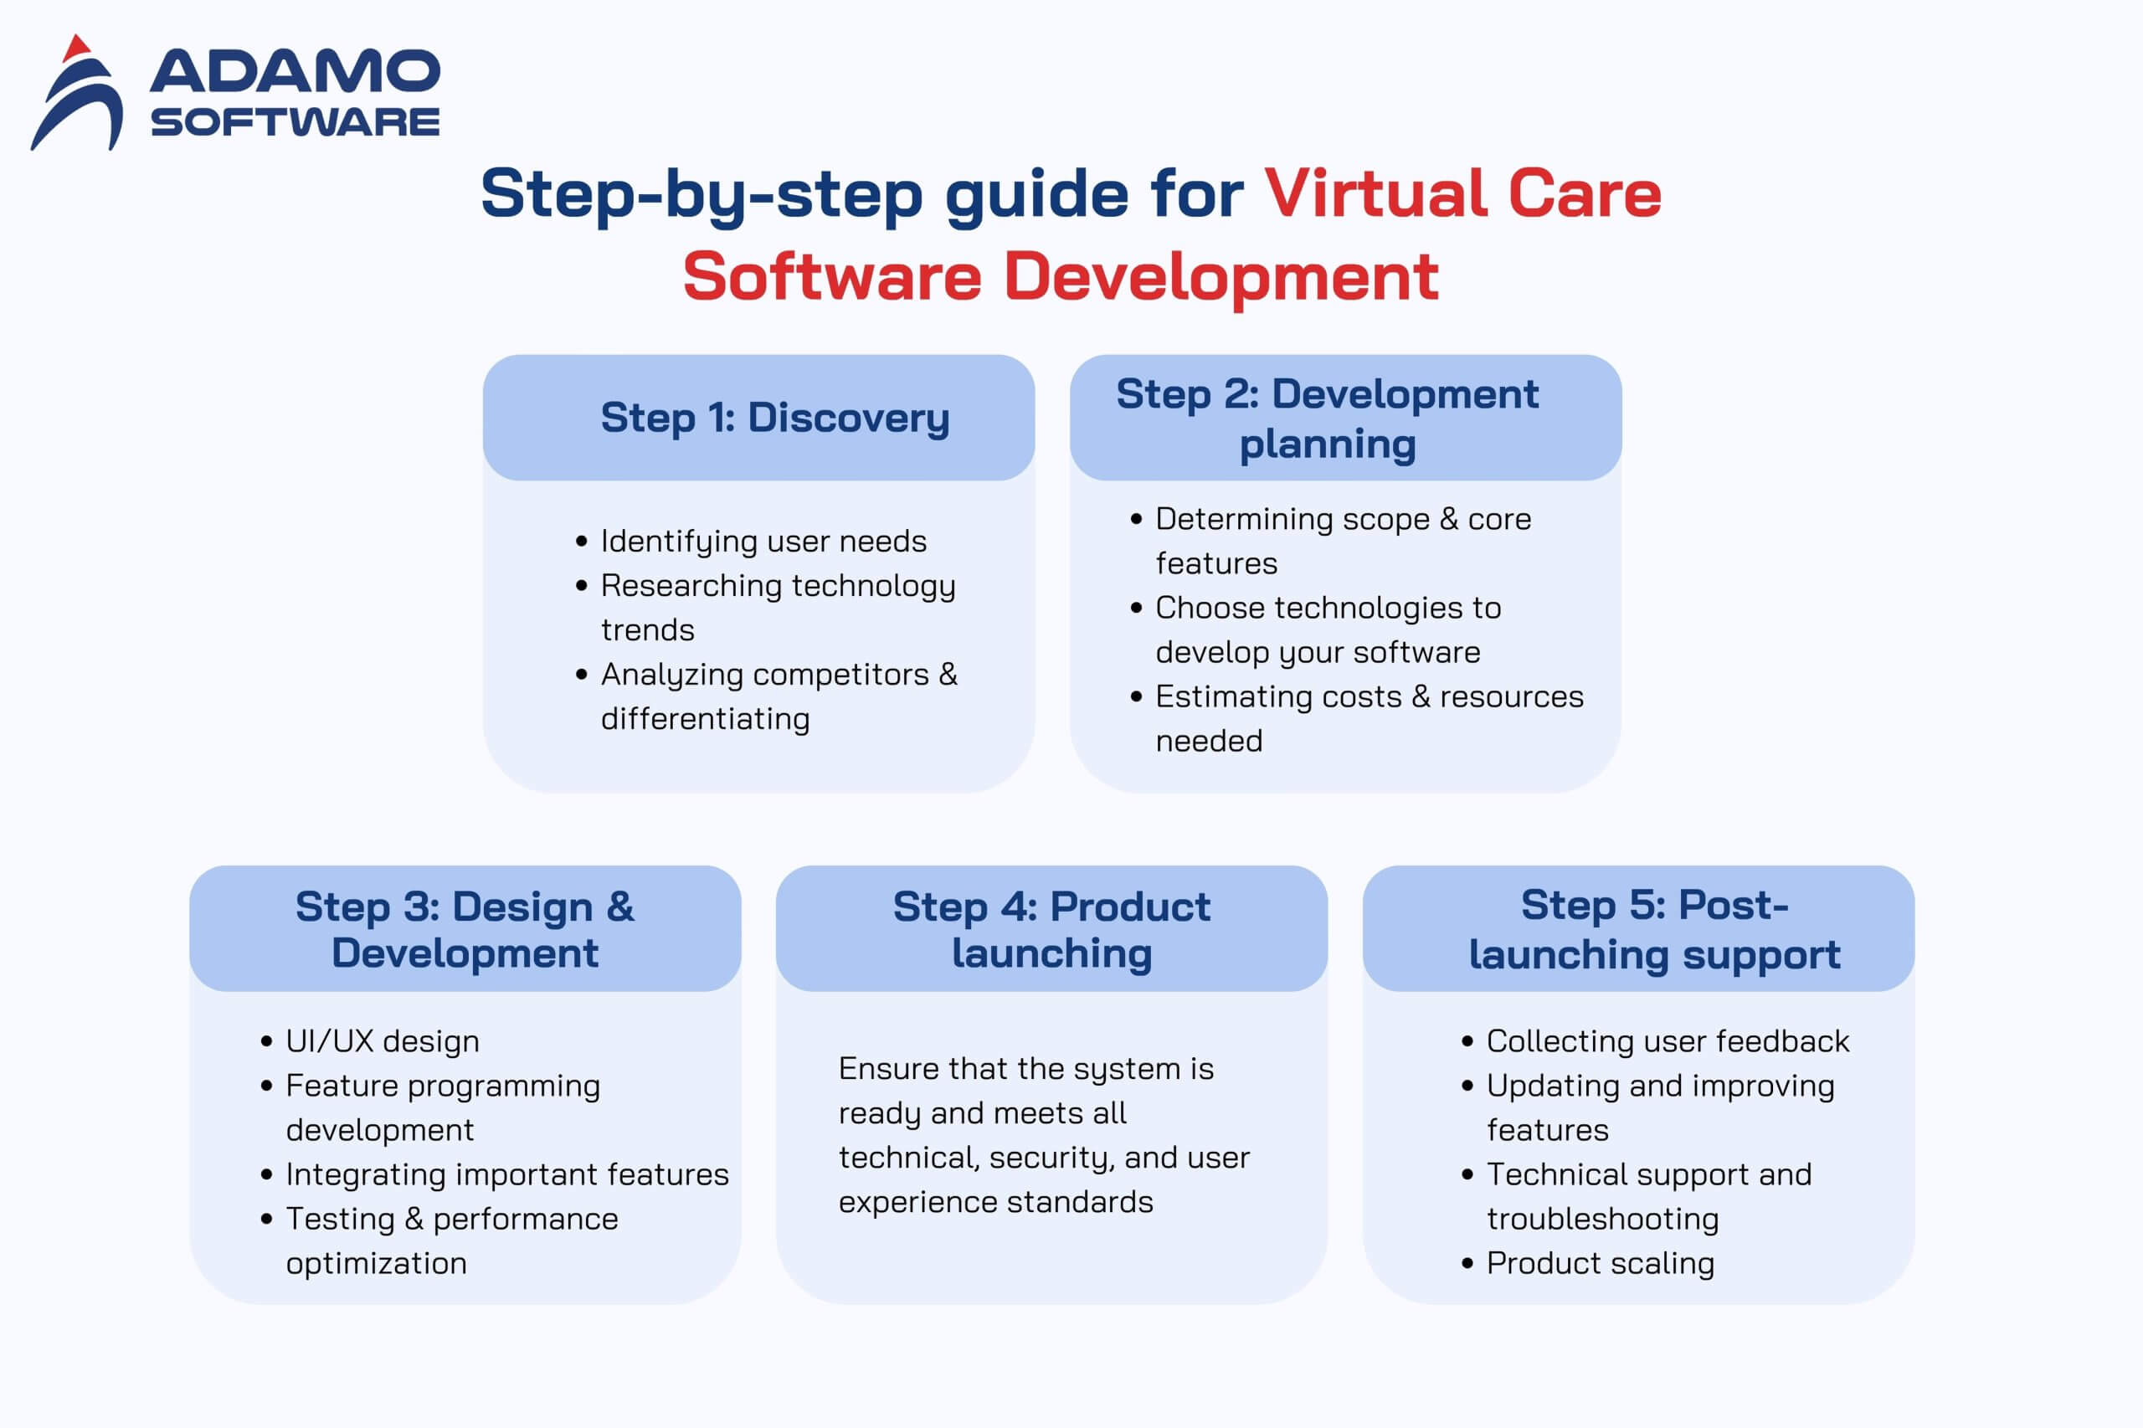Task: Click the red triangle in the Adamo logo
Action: [76, 49]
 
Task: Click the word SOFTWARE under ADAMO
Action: [295, 122]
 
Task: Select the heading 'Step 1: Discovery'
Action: [775, 418]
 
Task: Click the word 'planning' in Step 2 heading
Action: [1328, 445]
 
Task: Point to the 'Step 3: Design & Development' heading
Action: [465, 930]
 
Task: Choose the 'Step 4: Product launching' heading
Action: [1052, 930]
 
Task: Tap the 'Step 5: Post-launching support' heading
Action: [1655, 930]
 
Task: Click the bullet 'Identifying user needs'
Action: [763, 542]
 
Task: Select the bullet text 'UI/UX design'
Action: [383, 1041]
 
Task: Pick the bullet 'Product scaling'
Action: [1601, 1264]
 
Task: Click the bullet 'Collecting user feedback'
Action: [1668, 1041]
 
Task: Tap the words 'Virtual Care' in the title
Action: [1463, 194]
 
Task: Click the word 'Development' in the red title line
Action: [1221, 277]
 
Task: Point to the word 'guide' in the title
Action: [1036, 196]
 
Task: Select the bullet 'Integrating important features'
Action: [507, 1175]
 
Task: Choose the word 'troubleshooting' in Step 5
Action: [1603, 1220]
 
